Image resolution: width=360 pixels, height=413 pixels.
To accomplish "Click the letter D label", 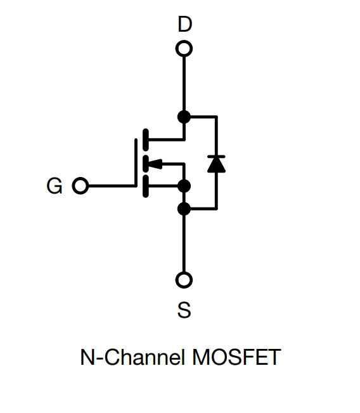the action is click(x=184, y=24).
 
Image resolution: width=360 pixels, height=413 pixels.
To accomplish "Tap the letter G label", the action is click(x=55, y=186).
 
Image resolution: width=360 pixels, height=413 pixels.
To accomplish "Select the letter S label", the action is click(x=184, y=310).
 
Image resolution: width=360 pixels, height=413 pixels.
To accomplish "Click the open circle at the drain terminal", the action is click(x=184, y=49).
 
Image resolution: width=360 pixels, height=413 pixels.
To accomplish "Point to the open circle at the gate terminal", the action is click(x=80, y=186).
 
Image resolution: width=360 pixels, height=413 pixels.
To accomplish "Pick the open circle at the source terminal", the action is click(x=184, y=280).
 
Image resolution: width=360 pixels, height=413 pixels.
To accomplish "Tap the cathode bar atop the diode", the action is click(x=216, y=157).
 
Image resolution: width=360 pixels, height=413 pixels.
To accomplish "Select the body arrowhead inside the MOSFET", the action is click(x=155, y=164).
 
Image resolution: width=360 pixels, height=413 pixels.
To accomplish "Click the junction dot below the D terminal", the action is click(x=184, y=117).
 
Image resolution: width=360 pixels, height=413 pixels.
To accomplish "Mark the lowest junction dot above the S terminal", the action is click(x=184, y=209).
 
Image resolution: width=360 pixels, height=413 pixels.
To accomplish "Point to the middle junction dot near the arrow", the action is click(x=184, y=187).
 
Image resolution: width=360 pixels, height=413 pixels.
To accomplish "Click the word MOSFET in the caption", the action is click(x=236, y=357).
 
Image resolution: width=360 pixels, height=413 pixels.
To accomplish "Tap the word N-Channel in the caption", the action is click(x=132, y=357).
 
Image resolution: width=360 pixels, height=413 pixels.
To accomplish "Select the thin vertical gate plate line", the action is click(x=136, y=163).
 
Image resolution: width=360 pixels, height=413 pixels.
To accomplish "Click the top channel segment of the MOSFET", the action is click(x=145, y=140).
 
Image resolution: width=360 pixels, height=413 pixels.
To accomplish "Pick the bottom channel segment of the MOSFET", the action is click(x=145, y=187).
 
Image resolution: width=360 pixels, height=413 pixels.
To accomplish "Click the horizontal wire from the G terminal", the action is click(x=112, y=186).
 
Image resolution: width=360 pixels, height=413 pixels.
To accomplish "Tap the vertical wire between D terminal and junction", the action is click(x=184, y=84).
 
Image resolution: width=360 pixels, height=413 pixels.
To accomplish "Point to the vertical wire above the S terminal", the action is click(x=184, y=244).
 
